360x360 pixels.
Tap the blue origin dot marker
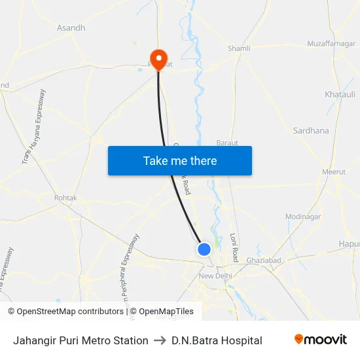[x=204, y=249]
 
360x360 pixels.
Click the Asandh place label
[x=71, y=28]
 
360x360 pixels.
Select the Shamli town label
[x=239, y=48]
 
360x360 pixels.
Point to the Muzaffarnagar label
[x=331, y=44]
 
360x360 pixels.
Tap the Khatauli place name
[x=340, y=94]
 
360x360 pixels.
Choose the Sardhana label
[x=311, y=131]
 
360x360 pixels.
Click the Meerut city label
[x=334, y=171]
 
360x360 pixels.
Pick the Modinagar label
[x=303, y=217]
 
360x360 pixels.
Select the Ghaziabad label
[x=264, y=261]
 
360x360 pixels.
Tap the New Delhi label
[x=216, y=276]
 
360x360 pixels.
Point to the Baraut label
[x=227, y=142]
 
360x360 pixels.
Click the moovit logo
[x=321, y=340]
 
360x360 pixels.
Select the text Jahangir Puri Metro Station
[x=81, y=340]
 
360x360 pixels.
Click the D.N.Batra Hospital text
[x=217, y=340]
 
